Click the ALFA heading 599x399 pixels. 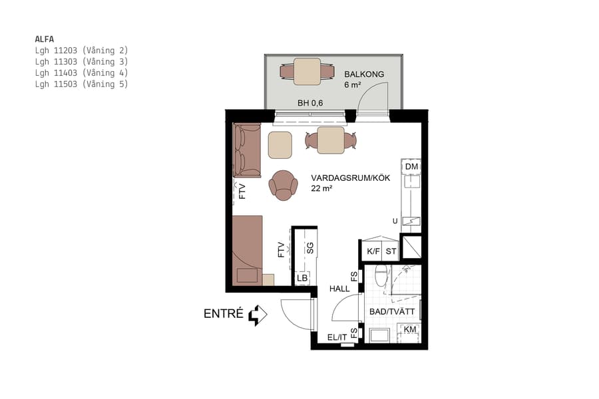click(x=45, y=39)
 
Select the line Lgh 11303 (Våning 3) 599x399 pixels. click(x=81, y=61)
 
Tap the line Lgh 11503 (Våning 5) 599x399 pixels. click(x=81, y=84)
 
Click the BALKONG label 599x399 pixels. click(x=364, y=74)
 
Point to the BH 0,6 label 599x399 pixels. click(x=309, y=103)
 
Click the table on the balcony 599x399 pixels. click(x=307, y=72)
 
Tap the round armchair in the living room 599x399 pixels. click(x=284, y=184)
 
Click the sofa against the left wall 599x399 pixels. click(x=246, y=150)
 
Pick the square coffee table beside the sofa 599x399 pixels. click(x=280, y=145)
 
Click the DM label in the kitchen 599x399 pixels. click(x=411, y=166)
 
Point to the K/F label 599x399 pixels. click(x=373, y=252)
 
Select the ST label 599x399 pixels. click(x=391, y=252)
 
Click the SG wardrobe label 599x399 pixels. click(x=309, y=249)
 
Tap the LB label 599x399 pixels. click(x=302, y=278)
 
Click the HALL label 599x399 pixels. click(x=339, y=289)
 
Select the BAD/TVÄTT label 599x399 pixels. click(x=392, y=311)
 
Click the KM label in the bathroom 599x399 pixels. click(x=410, y=329)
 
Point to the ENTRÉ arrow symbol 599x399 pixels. click(x=257, y=315)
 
